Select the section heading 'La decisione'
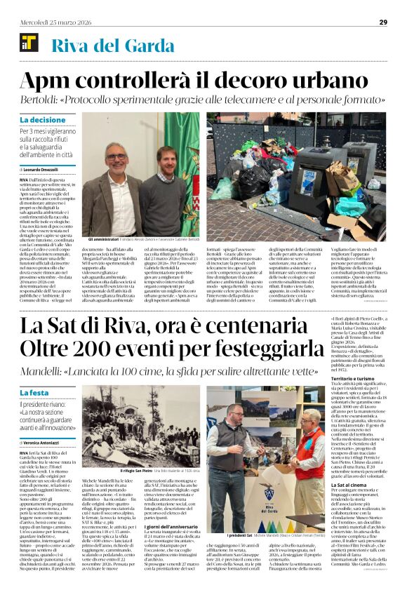pos(44,120)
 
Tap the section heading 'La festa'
pos(35,392)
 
